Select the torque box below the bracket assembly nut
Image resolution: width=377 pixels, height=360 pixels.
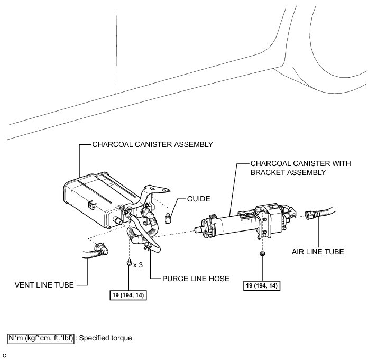point(262,286)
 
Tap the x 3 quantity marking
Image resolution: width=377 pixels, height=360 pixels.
point(139,264)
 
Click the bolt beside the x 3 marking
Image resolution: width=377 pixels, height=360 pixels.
point(129,263)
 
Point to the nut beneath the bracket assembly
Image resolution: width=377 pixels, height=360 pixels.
point(262,255)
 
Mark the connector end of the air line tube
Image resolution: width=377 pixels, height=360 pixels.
point(311,215)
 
